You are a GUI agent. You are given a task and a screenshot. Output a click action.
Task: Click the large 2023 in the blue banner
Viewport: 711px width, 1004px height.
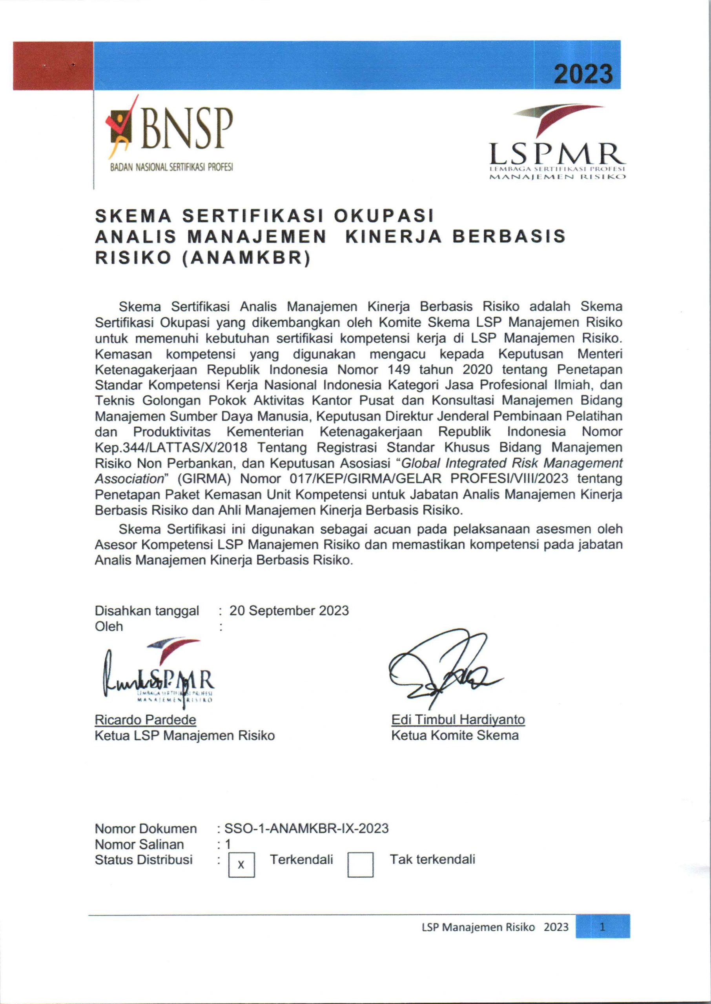583,73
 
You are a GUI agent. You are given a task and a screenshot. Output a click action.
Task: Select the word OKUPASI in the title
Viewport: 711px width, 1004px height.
383,216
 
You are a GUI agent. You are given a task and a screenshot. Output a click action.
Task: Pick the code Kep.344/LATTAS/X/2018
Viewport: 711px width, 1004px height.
171,448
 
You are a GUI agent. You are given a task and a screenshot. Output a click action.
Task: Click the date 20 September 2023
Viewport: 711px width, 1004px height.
289,611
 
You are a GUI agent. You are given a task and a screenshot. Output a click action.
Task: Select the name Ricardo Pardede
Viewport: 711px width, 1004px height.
145,720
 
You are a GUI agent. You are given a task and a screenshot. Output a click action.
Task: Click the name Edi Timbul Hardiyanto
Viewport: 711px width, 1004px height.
458,720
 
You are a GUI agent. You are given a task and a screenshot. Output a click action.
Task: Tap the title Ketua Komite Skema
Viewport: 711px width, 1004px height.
455,735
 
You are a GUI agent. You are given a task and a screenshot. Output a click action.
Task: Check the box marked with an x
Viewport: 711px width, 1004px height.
241,865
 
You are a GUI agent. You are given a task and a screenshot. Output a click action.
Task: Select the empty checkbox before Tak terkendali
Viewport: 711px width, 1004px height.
360,865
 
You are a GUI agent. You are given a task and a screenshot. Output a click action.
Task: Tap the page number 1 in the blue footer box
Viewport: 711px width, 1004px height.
602,927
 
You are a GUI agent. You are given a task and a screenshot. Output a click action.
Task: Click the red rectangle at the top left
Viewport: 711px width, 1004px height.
53,65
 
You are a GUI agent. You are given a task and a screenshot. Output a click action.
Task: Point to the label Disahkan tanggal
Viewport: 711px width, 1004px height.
147,611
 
